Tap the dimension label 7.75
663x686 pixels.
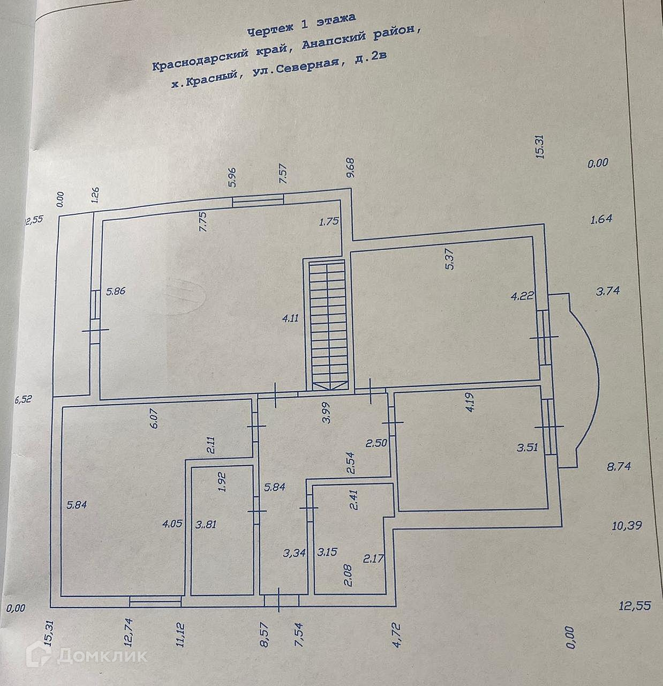(204, 221)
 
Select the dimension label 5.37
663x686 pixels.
(450, 259)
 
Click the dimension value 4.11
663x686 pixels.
(291, 318)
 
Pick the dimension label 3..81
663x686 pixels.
(206, 524)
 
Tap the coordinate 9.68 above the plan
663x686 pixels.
(351, 168)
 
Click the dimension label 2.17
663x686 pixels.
(373, 558)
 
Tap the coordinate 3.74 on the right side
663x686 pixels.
(608, 291)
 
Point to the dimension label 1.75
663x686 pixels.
(329, 221)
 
